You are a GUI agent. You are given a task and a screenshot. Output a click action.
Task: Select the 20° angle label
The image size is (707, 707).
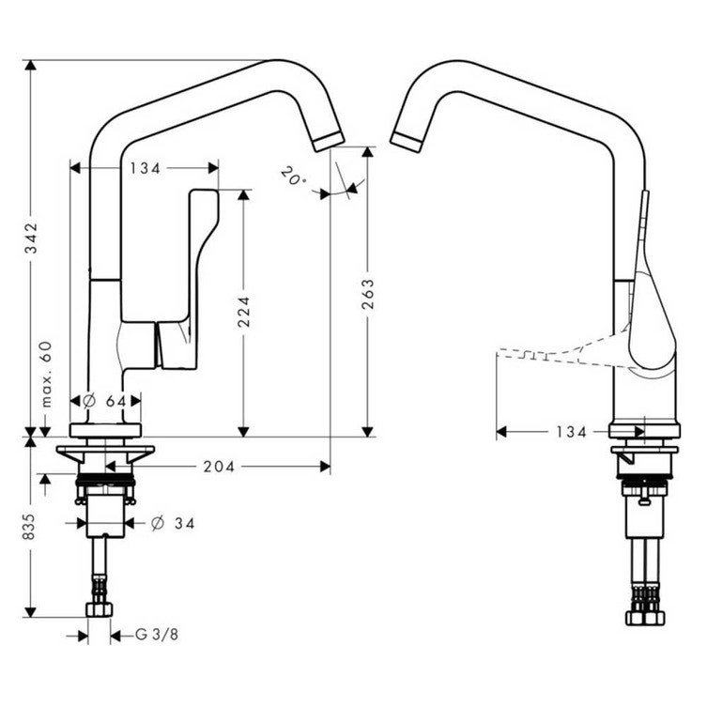tap(292, 176)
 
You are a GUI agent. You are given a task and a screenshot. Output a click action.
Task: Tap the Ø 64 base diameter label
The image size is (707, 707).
tap(105, 400)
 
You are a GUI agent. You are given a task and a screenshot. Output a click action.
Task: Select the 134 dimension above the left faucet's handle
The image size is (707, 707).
tap(145, 168)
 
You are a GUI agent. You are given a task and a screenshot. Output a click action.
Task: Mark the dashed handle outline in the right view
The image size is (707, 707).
tap(554, 352)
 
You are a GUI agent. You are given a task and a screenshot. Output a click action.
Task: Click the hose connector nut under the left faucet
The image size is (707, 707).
tap(99, 609)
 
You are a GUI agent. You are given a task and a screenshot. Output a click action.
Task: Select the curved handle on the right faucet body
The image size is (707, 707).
tap(654, 319)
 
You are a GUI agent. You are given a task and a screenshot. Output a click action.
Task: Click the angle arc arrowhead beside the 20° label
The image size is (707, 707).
tap(325, 193)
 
